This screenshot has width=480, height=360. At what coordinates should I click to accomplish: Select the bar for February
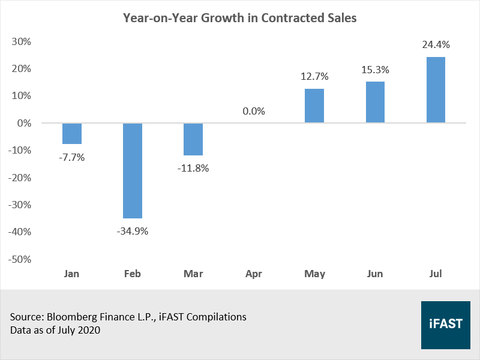click(133, 170)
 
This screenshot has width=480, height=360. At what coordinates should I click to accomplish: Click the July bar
click(436, 90)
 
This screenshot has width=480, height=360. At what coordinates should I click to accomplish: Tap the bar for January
click(72, 133)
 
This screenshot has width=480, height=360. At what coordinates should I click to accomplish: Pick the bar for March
click(193, 139)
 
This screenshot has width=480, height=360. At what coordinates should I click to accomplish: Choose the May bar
click(314, 106)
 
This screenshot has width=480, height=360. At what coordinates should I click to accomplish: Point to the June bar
click(375, 102)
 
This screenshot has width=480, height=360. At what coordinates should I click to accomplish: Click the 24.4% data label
click(436, 44)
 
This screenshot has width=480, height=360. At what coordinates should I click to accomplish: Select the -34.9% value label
click(133, 231)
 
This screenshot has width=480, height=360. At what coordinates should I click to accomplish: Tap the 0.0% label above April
click(254, 111)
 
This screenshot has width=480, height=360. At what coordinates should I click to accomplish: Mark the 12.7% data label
click(314, 76)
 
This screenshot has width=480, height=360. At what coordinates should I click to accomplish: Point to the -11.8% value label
click(193, 168)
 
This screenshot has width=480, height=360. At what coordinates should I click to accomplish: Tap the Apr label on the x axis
click(254, 274)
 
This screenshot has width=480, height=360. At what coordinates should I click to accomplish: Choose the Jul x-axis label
click(436, 274)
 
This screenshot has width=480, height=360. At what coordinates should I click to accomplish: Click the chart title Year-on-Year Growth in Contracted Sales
click(240, 18)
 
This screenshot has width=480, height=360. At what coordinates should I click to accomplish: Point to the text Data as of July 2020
click(55, 330)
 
